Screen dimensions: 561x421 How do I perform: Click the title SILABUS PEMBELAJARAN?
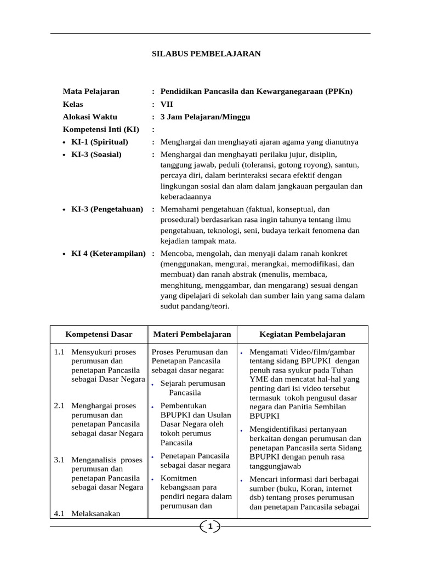[x=206, y=54]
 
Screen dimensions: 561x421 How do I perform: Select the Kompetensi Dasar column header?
[x=99, y=334]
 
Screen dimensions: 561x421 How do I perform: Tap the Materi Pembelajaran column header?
[x=192, y=334]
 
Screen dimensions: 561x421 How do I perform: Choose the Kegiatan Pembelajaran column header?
[x=302, y=334]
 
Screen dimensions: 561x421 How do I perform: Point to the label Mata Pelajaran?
[x=90, y=91]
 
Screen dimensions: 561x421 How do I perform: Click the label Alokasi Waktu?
[x=90, y=117]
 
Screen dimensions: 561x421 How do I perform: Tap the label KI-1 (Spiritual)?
[x=99, y=142]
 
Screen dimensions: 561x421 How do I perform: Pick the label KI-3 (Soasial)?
[x=96, y=154]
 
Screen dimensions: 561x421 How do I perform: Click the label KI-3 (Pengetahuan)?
[x=107, y=209]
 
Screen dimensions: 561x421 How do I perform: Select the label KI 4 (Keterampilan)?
[x=109, y=253]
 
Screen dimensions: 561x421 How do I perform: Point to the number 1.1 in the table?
[x=60, y=351]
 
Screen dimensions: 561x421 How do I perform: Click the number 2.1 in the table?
[x=60, y=405]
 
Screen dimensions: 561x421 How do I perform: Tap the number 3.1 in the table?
[x=60, y=460]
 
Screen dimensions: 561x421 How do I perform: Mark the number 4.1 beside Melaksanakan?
[x=60, y=513]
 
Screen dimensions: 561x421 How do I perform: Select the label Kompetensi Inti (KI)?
[x=101, y=129]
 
